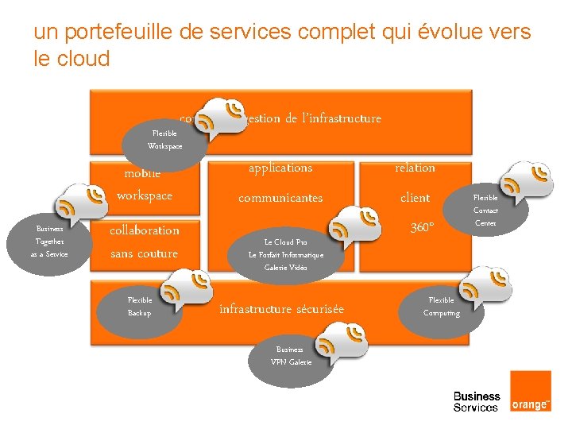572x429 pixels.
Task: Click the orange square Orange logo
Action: click(530, 392)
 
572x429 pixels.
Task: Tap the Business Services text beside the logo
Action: click(477, 401)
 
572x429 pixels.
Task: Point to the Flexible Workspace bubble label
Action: click(164, 140)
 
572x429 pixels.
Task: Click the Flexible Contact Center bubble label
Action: click(485, 210)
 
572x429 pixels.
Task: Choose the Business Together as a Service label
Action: click(49, 241)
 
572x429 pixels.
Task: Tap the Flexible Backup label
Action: click(140, 307)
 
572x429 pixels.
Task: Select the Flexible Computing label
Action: click(442, 307)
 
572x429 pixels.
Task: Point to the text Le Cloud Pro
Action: click(285, 242)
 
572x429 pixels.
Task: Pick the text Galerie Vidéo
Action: click(285, 268)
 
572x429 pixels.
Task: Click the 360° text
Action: click(422, 228)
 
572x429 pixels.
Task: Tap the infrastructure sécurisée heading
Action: click(281, 309)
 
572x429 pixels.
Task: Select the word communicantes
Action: click(280, 198)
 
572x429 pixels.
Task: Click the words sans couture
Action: click(144, 253)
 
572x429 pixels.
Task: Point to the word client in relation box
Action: click(415, 198)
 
